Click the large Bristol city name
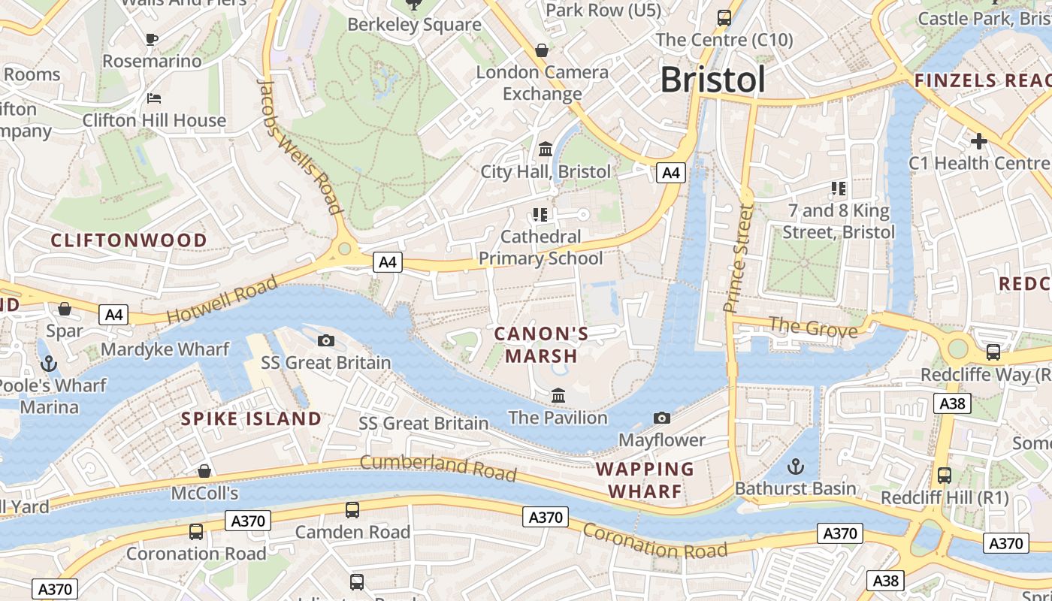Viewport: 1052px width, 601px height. (712, 80)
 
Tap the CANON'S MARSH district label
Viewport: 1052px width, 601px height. (541, 344)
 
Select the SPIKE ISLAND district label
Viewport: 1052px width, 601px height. (251, 419)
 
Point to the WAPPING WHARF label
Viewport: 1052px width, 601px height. (645, 480)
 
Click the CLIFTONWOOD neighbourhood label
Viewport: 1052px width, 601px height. (128, 240)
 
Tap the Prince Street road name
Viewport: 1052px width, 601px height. (738, 257)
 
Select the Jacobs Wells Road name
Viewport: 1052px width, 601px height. (300, 146)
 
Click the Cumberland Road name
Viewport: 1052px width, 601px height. (438, 467)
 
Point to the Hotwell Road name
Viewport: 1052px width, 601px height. (222, 299)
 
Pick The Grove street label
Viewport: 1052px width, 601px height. (813, 328)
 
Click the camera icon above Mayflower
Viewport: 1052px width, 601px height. (662, 418)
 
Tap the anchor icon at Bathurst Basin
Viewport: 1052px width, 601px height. (795, 467)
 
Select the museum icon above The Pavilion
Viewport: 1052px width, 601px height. (558, 395)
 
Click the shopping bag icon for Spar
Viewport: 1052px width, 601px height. (65, 309)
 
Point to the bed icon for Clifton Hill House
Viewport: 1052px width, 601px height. (153, 98)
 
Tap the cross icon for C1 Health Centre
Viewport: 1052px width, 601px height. (978, 140)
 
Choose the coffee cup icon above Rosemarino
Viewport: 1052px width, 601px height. (152, 39)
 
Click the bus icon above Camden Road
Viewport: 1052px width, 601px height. (352, 510)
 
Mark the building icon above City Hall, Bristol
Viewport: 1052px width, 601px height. (546, 149)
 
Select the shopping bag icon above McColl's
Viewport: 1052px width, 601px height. (204, 471)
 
